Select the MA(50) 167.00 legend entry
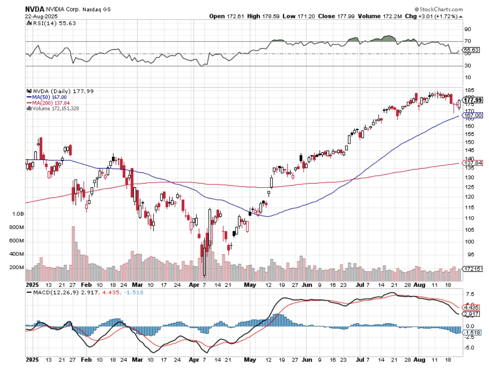(48, 97)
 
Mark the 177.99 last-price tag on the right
(473, 100)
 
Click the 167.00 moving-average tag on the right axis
(473, 115)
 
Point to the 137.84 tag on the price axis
(473, 163)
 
